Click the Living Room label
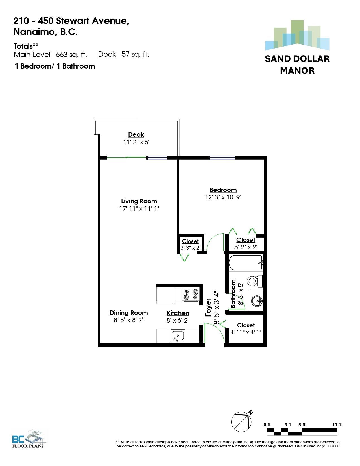(x=139, y=201)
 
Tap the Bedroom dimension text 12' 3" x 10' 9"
(x=223, y=197)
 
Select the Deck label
(x=136, y=134)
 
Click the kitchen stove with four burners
(x=191, y=294)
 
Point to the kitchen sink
(x=178, y=336)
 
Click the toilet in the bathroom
(x=254, y=281)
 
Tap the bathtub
(x=246, y=263)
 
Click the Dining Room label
(x=129, y=313)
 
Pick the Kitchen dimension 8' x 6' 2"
(x=178, y=320)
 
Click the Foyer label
(x=208, y=308)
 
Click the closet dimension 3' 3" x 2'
(x=190, y=248)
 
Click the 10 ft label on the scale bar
(x=337, y=425)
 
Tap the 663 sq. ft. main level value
(x=71, y=55)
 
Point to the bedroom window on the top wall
(x=222, y=158)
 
